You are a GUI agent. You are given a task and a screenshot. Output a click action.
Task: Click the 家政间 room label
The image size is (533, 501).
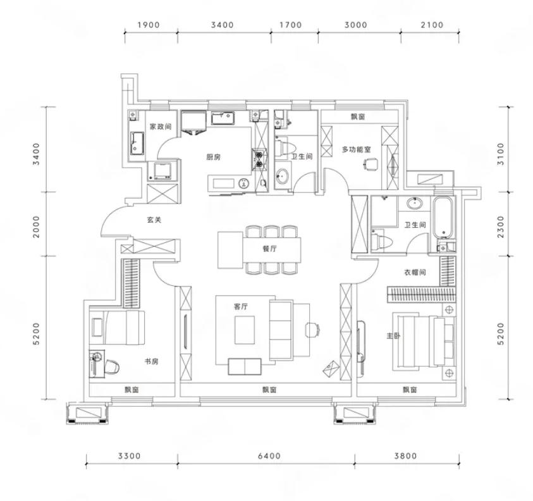161,127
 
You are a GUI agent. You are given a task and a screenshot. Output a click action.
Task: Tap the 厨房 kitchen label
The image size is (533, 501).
214,157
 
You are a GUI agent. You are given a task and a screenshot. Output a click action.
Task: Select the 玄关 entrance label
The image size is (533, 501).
154,220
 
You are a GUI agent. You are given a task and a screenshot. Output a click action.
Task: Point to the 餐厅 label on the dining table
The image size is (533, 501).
269,249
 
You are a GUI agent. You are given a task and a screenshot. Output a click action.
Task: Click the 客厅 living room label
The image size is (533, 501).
241,306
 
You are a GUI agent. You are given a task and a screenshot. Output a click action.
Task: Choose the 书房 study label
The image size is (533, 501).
152,361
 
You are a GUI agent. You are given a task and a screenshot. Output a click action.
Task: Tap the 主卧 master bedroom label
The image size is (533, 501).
393,336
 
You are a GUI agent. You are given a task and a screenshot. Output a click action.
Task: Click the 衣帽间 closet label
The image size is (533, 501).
415,272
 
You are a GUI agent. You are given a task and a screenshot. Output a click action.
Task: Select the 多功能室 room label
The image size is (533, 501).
356,149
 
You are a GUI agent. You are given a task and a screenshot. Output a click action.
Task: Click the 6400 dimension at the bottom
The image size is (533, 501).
269,455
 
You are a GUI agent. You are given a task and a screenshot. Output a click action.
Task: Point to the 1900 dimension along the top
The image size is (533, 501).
149,25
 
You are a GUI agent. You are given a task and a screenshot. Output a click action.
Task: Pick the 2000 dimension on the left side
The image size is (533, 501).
36,226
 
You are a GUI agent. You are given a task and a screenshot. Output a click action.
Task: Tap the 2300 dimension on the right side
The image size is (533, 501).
501,226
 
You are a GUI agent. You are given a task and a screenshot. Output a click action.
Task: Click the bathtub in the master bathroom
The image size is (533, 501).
444,218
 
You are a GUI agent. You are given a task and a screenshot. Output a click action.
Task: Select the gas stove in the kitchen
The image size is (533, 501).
259,160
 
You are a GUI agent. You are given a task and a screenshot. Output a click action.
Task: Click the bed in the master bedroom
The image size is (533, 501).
424,341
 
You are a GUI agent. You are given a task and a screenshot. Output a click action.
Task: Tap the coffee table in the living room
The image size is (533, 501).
245,330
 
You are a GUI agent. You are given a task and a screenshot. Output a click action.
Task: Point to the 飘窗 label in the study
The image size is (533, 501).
132,390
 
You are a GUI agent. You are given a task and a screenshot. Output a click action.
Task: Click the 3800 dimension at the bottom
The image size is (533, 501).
405,455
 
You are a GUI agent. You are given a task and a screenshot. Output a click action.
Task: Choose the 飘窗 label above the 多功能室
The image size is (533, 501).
358,116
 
